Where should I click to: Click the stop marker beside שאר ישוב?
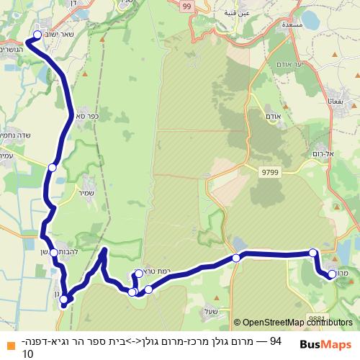pyautogui.click(x=38, y=34)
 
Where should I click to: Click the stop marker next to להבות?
pyautogui.click(x=54, y=253)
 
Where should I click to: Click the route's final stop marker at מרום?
pyautogui.click(x=332, y=274)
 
